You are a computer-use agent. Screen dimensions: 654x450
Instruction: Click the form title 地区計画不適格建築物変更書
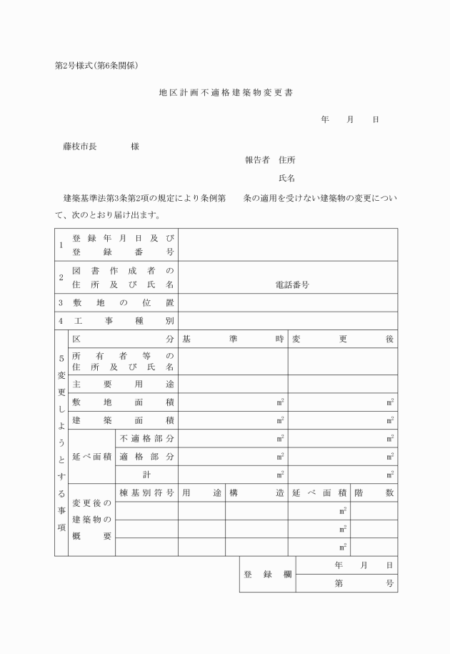226,93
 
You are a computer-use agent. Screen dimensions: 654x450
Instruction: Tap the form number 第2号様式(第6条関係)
101,66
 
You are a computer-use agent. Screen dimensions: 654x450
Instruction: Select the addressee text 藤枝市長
84,147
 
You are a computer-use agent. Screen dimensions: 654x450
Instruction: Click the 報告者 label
256,160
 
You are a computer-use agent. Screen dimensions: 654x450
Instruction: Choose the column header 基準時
233,339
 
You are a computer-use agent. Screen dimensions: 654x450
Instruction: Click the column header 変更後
342,339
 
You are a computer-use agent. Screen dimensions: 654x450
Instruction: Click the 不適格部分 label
146,438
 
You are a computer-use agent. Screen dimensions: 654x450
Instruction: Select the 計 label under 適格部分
146,475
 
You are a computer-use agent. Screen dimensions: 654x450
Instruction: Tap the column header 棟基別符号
146,493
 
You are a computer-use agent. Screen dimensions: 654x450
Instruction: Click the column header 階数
374,493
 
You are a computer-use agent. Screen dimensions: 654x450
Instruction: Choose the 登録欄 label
267,575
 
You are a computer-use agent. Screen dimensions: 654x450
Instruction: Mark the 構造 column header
256,493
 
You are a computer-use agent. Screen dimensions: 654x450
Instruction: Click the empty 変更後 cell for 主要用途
342,384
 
